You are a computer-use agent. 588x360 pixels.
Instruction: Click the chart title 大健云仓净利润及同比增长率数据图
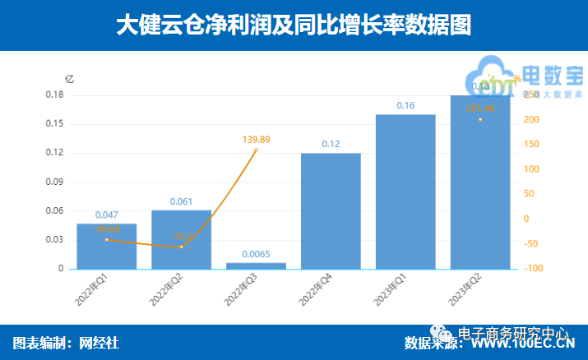coord(294,25)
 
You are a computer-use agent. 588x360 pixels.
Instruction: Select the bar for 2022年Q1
coord(106,247)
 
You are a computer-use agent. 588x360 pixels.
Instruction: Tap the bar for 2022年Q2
coord(181,240)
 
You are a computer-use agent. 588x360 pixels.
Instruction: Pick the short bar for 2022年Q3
coord(256,265)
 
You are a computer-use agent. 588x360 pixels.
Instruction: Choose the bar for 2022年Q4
coord(331,211)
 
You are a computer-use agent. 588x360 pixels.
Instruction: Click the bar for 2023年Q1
coord(405,192)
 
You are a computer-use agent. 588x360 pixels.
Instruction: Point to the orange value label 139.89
coord(256,139)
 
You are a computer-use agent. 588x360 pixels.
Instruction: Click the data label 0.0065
coord(256,254)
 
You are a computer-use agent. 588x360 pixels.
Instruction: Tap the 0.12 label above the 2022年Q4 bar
coord(331,144)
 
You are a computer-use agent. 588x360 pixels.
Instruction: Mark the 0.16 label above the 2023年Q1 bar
coord(405,105)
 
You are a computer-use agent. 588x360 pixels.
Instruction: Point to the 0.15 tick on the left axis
coord(54,124)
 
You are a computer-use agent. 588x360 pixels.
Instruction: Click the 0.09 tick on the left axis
coord(54,182)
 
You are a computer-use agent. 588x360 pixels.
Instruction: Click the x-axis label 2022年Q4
coord(321,293)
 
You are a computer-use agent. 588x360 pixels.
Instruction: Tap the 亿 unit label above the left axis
coord(69,79)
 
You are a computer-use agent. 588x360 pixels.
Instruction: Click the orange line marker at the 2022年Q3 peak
coord(256,150)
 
